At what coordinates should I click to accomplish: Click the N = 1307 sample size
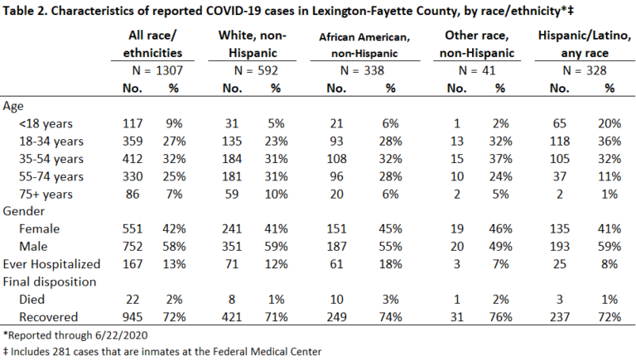click(157, 70)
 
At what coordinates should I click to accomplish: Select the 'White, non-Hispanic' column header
click(253, 44)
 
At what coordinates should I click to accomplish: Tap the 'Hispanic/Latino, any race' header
click(585, 44)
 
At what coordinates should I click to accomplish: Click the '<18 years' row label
click(46, 123)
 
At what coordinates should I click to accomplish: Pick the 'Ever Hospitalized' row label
click(51, 264)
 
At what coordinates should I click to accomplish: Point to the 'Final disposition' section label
click(50, 281)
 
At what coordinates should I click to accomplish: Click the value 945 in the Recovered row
click(132, 317)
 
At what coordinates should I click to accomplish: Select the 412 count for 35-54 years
click(132, 159)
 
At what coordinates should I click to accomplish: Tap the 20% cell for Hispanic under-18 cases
click(609, 123)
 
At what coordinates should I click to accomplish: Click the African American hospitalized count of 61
click(336, 264)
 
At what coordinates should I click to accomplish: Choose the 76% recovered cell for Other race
click(500, 317)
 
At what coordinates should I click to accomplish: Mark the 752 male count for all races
click(132, 247)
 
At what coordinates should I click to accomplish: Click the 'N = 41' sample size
click(477, 70)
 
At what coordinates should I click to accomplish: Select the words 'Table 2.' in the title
click(25, 11)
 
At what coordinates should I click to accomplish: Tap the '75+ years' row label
click(46, 194)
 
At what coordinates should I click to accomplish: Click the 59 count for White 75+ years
click(232, 194)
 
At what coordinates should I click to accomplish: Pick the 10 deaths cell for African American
click(336, 300)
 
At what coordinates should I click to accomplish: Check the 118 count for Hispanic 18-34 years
click(559, 141)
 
